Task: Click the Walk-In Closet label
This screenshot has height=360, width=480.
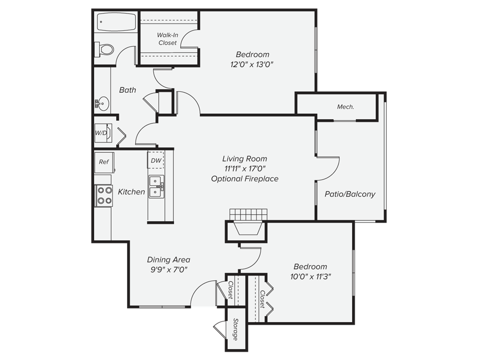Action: point(167,39)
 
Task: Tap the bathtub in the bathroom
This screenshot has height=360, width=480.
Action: point(116,22)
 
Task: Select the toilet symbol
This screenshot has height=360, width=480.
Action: point(105,48)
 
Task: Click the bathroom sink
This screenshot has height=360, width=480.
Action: point(103,103)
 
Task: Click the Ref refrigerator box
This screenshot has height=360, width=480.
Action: point(104,162)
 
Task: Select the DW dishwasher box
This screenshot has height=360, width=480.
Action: point(156,161)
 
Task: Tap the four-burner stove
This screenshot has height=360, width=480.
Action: point(104,195)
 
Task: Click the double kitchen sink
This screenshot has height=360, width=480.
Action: point(156,186)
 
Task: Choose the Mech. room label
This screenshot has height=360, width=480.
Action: point(345,107)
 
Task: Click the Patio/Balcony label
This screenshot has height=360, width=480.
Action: point(350,194)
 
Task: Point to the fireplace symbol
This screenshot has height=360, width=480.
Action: point(247,229)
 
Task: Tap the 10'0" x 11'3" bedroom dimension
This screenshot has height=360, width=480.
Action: point(311,277)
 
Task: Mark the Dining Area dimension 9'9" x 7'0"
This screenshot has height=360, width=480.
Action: point(168,269)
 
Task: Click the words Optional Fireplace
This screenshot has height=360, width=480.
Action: point(245,179)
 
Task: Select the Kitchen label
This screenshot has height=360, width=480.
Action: point(131,192)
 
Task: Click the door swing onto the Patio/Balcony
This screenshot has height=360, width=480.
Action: point(329,169)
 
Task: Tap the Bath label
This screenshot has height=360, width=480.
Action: point(127,90)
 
